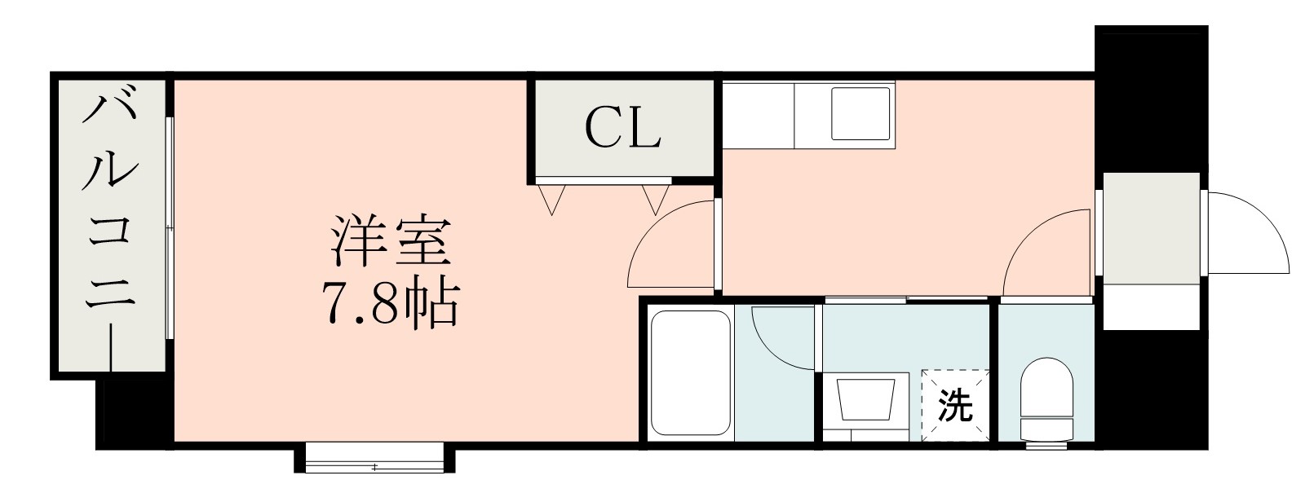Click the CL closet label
click(x=622, y=129)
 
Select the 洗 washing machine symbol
click(x=955, y=406)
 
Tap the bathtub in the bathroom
click(x=689, y=373)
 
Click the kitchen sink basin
click(x=861, y=113)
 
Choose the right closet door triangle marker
click(x=655, y=199)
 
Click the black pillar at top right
click(x=1150, y=98)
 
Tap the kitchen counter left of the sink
click(x=758, y=114)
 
